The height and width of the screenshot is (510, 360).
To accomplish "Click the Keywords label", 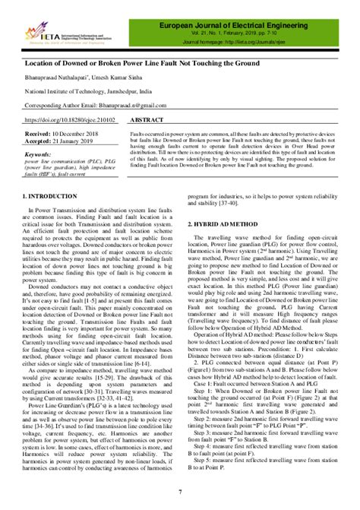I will (x=39, y=154).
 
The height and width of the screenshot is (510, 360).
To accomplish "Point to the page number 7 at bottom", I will (x=180, y=493).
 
